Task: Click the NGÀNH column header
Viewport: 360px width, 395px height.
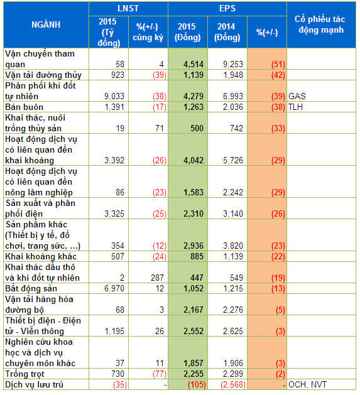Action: click(x=46, y=24)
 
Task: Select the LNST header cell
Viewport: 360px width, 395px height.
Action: click(x=128, y=8)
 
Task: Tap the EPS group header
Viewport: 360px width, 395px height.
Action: click(x=227, y=8)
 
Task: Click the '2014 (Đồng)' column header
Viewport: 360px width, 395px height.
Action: click(x=227, y=32)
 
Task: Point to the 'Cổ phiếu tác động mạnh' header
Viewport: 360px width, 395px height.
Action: click(x=320, y=24)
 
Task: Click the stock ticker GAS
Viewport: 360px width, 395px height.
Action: click(x=297, y=96)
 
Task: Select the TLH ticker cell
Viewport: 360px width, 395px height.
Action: click(x=295, y=107)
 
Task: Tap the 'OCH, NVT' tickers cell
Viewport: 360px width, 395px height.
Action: click(x=308, y=384)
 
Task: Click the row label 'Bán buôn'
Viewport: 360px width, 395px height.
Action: click(x=25, y=107)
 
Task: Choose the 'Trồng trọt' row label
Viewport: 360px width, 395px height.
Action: click(x=25, y=374)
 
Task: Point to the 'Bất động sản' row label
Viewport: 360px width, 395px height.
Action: click(x=31, y=288)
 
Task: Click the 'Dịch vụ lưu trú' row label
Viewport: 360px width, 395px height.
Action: click(x=34, y=384)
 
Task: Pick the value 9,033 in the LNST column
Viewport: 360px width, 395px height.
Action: click(x=114, y=96)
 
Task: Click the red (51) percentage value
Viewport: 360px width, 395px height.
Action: click(x=278, y=64)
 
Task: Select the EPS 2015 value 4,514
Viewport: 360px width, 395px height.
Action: click(x=194, y=64)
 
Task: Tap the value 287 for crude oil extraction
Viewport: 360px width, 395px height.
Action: click(x=157, y=278)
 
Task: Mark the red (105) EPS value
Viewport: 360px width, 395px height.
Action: click(x=197, y=384)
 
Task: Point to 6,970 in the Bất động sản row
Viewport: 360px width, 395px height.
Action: click(x=114, y=288)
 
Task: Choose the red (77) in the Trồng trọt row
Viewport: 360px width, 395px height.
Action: click(x=160, y=374)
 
